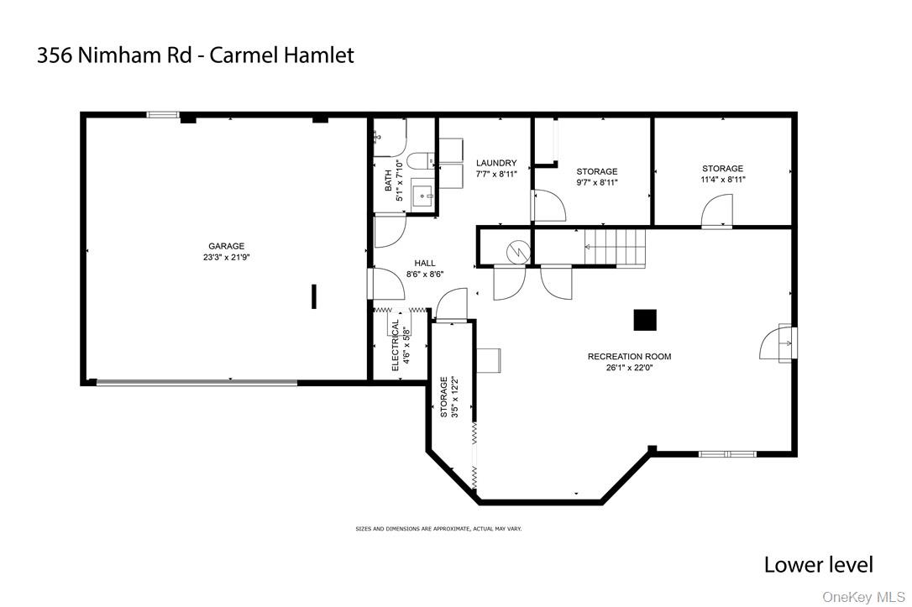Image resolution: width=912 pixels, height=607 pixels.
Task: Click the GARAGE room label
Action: pyautogui.click(x=226, y=246)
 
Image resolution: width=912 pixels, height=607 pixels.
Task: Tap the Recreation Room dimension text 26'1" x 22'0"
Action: pyautogui.click(x=629, y=368)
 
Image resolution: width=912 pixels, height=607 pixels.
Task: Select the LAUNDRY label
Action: pyautogui.click(x=496, y=163)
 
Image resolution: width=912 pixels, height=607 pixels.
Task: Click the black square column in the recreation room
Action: pyautogui.click(x=645, y=320)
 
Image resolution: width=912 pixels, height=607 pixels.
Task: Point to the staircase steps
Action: pyautogui.click(x=616, y=247)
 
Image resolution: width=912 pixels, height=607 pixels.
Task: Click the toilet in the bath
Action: pyautogui.click(x=420, y=160)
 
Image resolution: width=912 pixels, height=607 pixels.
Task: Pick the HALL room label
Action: pyautogui.click(x=425, y=263)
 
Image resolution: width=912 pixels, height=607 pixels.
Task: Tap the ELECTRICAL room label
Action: pyautogui.click(x=396, y=345)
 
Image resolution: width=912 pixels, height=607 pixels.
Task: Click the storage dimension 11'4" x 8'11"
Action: pyautogui.click(x=722, y=180)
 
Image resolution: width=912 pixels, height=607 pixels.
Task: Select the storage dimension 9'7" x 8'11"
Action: pyautogui.click(x=597, y=182)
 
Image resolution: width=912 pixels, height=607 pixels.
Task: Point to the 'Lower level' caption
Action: pyautogui.click(x=818, y=564)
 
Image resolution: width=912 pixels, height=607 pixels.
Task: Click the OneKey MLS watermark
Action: pyautogui.click(x=863, y=597)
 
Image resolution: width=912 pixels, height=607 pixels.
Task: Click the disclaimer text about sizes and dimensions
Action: pyautogui.click(x=438, y=529)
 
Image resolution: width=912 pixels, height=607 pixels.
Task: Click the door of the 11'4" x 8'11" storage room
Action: pyautogui.click(x=716, y=212)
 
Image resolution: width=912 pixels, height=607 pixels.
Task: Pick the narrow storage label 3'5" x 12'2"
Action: pyautogui.click(x=449, y=397)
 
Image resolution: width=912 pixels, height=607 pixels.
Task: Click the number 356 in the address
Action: pyautogui.click(x=54, y=55)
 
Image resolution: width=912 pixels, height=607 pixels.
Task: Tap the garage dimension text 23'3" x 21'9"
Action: pyautogui.click(x=226, y=257)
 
